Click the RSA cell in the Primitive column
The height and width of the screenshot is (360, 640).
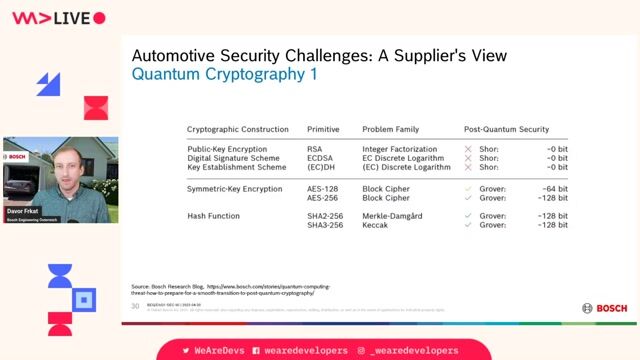point(314,148)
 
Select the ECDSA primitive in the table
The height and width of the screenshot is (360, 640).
point(319,158)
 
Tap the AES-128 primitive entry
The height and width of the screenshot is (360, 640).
point(322,188)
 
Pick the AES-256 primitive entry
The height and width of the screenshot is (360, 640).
point(322,198)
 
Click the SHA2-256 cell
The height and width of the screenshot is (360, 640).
point(325,216)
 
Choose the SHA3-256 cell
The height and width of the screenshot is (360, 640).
point(325,226)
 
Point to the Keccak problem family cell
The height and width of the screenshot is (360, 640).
point(376,226)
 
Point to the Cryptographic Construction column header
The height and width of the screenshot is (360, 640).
point(238,129)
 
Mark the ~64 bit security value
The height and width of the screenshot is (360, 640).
point(553,188)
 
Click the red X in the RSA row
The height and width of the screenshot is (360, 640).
point(468,148)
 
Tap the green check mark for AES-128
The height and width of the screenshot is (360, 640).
point(468,188)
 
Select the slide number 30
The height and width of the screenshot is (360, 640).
point(136,307)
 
